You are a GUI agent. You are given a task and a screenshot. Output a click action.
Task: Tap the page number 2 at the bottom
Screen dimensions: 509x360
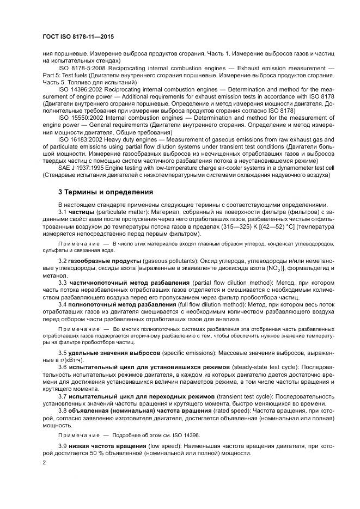tap(44, 463)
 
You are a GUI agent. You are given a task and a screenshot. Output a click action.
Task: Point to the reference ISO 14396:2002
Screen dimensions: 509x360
tap(82, 89)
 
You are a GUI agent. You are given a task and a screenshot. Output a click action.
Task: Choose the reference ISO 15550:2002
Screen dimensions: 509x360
tap(82, 118)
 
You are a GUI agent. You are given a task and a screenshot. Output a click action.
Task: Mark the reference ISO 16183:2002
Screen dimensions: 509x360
tap(82, 139)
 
